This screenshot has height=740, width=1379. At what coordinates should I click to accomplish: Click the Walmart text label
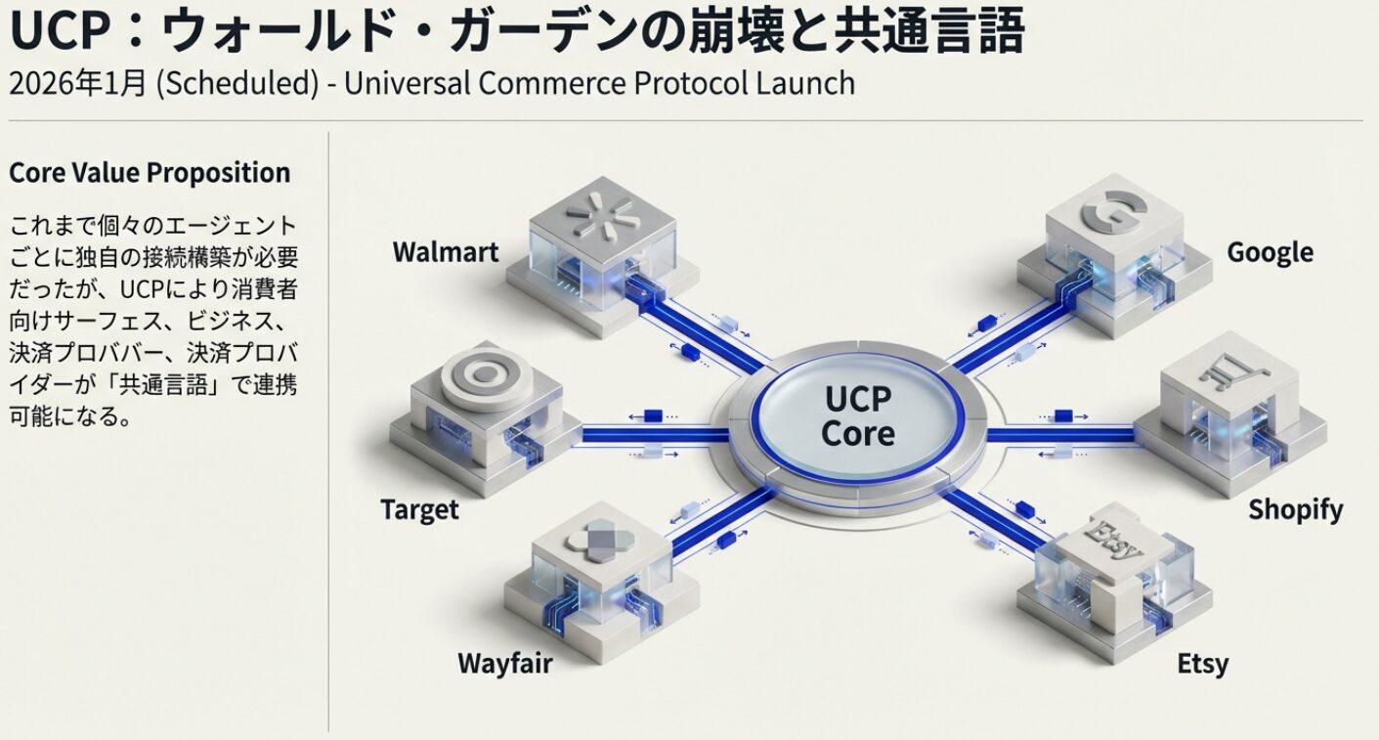point(445,252)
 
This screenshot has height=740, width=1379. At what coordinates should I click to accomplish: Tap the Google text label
point(1270,252)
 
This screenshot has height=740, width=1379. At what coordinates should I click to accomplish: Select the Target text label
point(419,509)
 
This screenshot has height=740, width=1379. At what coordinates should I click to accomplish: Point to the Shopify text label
point(1295,509)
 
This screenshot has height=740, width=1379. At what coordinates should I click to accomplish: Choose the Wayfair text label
point(504,664)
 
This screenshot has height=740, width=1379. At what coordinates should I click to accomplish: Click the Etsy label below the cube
point(1202,664)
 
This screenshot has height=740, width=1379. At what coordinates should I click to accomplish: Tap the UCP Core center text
point(858,415)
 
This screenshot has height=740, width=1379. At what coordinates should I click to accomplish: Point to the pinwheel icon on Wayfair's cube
point(591,540)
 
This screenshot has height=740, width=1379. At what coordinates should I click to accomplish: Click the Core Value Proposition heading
point(150,173)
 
